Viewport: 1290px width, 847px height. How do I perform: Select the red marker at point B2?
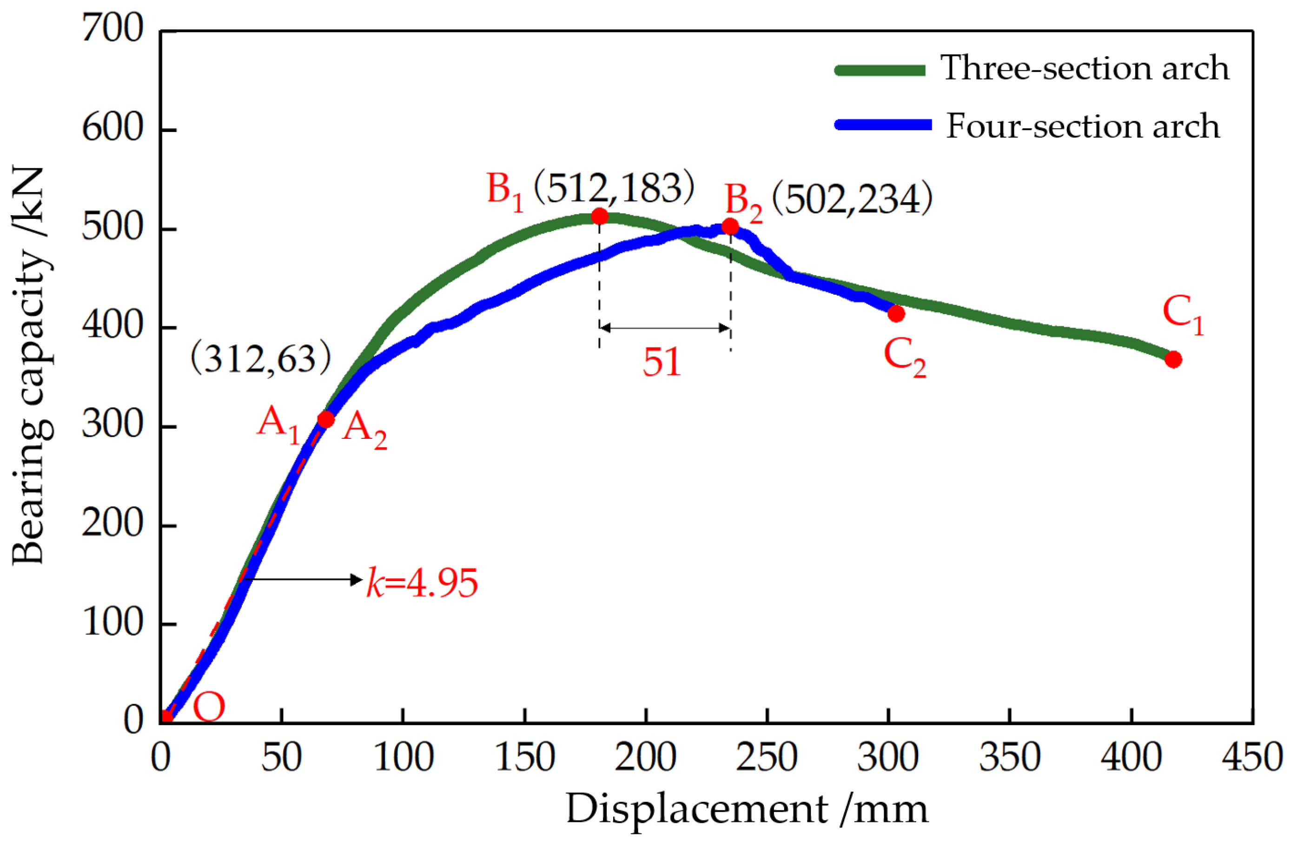point(730,226)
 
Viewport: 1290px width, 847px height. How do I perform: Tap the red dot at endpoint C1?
point(1173,359)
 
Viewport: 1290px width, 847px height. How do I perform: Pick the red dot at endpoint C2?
point(896,313)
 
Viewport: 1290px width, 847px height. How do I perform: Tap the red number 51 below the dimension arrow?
point(661,362)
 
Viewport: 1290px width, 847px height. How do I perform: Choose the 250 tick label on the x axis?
point(767,756)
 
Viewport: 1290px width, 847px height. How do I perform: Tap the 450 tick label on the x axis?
point(1252,756)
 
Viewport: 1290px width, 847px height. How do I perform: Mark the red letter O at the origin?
point(209,707)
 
